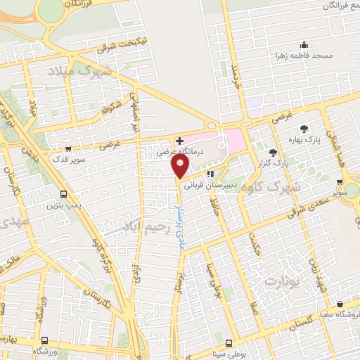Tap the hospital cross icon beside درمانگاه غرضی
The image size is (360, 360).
click(x=179, y=141)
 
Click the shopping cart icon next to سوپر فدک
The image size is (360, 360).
click(x=68, y=148)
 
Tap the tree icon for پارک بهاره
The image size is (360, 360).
click(x=304, y=128)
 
